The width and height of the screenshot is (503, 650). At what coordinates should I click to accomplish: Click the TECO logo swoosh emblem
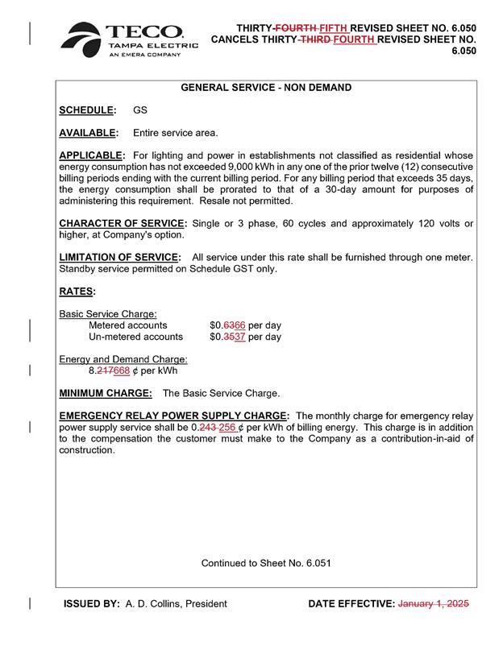(x=83, y=41)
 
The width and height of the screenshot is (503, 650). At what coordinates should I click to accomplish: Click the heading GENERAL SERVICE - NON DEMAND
(x=265, y=87)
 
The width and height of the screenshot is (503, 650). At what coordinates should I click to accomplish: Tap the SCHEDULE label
(x=86, y=110)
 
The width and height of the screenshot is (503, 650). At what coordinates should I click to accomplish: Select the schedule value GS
(x=139, y=110)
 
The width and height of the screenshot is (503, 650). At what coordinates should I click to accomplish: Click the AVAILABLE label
(x=89, y=132)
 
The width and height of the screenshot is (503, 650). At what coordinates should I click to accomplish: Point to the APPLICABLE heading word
(x=92, y=155)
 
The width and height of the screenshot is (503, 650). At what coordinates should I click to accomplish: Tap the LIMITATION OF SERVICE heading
(x=119, y=258)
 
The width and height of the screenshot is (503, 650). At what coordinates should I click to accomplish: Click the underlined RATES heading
(x=77, y=292)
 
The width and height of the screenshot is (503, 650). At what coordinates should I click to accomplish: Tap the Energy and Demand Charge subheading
(x=123, y=359)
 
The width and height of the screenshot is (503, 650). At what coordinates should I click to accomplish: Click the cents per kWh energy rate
(x=132, y=371)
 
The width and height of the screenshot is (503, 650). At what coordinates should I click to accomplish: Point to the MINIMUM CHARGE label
(x=106, y=393)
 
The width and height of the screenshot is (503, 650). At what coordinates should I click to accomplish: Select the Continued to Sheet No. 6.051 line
(x=266, y=563)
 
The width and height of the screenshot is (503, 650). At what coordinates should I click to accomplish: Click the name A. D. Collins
(x=176, y=603)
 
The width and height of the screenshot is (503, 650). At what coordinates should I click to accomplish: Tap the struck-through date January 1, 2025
(x=434, y=603)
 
